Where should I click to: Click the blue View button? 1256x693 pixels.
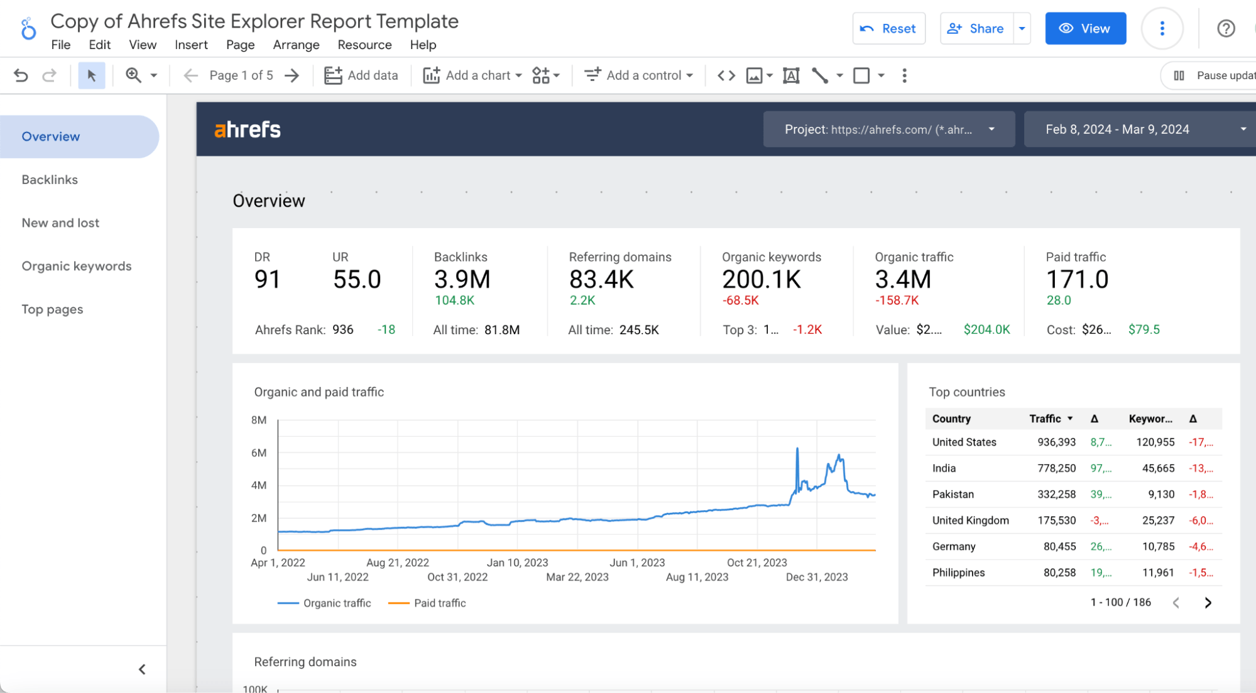click(1085, 28)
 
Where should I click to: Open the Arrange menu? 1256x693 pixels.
click(296, 45)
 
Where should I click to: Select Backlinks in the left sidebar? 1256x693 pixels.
click(50, 180)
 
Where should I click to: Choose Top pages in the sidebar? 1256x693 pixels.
click(52, 309)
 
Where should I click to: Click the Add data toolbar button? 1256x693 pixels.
click(361, 75)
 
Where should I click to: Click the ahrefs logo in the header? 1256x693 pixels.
click(248, 129)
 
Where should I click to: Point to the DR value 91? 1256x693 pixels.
click(267, 280)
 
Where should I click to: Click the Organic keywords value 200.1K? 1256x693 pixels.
click(762, 280)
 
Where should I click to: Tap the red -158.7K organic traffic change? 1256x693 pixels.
click(897, 300)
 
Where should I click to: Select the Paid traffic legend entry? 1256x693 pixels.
click(439, 603)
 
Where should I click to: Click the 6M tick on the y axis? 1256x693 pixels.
click(259, 453)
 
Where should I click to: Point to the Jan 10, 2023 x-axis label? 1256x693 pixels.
click(517, 562)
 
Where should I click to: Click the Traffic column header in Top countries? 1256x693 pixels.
click(1045, 418)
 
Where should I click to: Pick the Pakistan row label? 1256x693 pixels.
click(953, 494)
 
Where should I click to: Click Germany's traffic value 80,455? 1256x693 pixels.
click(1059, 547)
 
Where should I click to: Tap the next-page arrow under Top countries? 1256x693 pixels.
click(1208, 603)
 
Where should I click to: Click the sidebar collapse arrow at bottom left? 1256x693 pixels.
click(142, 669)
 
